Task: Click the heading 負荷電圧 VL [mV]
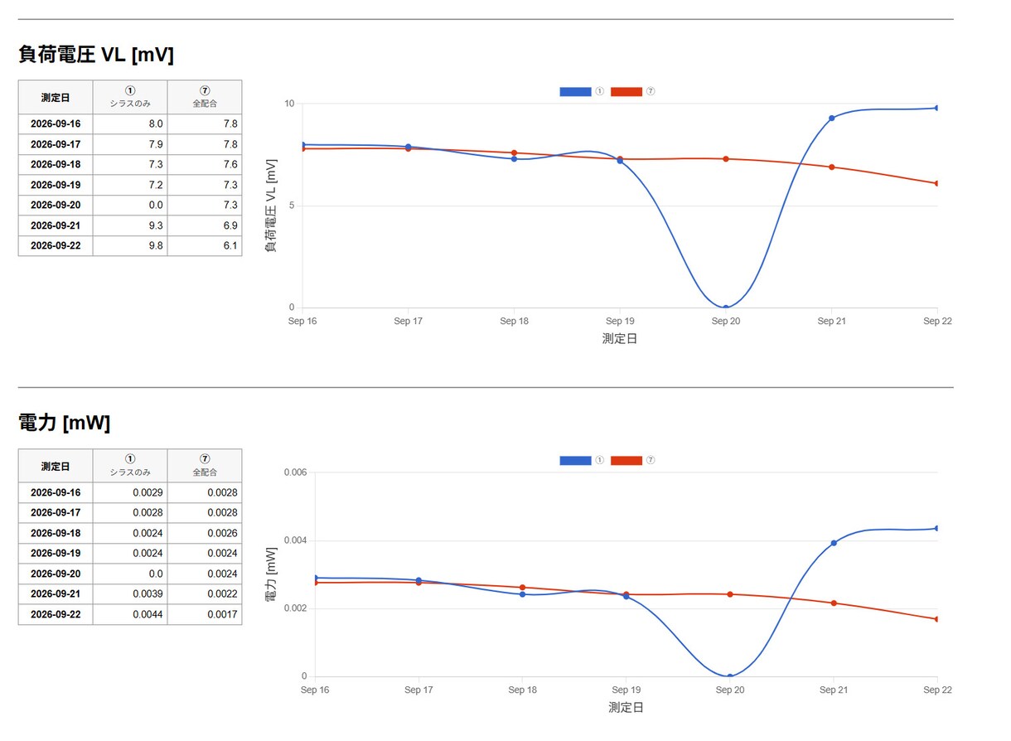(96, 55)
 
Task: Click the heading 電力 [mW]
(64, 424)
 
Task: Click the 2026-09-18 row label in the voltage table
(56, 165)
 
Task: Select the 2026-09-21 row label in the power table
(56, 594)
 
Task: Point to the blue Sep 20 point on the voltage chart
(727, 308)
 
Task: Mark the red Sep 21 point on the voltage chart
(833, 167)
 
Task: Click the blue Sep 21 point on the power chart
(834, 544)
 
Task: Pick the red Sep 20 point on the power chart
(731, 595)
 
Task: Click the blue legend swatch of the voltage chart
(576, 92)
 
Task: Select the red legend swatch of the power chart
(627, 461)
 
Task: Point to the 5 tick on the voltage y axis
(292, 206)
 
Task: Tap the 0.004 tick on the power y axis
(296, 541)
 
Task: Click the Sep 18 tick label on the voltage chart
(515, 322)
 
